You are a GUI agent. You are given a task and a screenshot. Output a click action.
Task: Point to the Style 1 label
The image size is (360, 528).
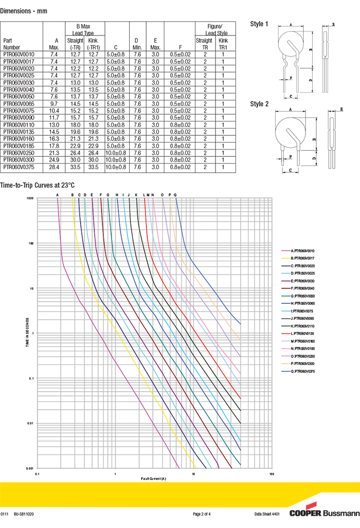coord(259,24)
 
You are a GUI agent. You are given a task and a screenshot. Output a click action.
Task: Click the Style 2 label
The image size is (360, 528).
coord(259,104)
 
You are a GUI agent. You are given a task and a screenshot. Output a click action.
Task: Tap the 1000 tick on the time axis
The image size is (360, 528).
coord(30,198)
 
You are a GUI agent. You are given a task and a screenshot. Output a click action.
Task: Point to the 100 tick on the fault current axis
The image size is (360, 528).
coord(272,474)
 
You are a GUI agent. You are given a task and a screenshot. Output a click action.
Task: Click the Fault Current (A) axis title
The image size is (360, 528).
coord(154,479)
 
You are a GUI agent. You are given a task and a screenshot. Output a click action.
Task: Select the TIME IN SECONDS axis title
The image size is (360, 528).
coord(27,334)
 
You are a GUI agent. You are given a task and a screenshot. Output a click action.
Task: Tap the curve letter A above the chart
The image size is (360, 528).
coord(58,194)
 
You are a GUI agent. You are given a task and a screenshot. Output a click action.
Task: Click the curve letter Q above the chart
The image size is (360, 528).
coord(175,194)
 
